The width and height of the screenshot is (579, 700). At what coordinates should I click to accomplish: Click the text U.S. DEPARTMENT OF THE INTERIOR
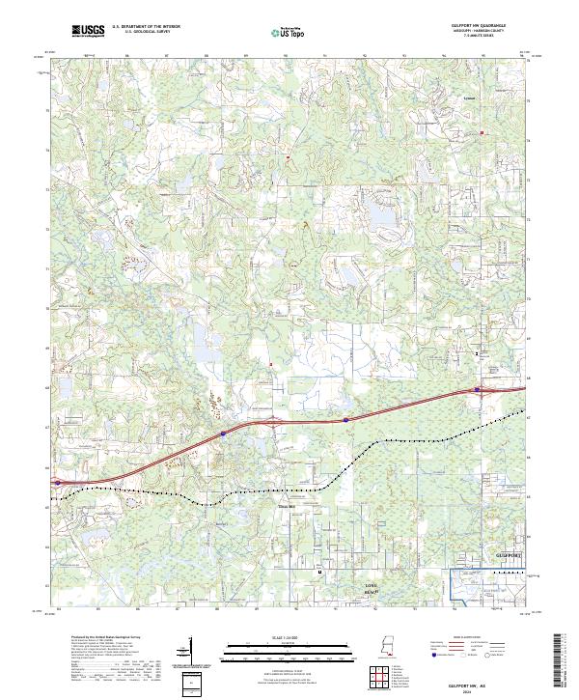(145, 26)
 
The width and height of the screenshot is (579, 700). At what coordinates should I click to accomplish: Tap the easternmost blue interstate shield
(478, 390)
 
